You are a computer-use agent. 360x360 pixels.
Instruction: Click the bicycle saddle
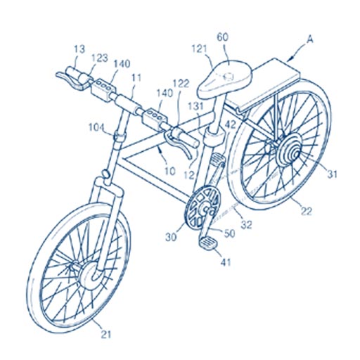click(x=224, y=79)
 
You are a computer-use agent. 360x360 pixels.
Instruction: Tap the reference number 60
click(x=223, y=37)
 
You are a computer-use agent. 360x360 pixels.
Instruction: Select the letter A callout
click(x=310, y=40)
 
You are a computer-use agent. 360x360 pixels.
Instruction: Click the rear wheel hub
click(x=290, y=150)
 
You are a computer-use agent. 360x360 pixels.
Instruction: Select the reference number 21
click(x=106, y=335)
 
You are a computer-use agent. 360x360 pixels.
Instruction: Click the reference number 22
click(x=306, y=211)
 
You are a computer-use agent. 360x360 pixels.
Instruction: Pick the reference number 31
click(x=331, y=174)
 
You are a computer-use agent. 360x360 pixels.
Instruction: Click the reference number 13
click(x=79, y=49)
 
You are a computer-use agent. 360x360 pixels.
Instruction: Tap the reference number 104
click(x=96, y=128)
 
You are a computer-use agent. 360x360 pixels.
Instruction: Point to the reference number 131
click(x=195, y=106)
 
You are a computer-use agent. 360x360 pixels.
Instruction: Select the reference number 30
click(x=172, y=238)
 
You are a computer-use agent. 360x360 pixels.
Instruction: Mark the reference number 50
click(x=229, y=233)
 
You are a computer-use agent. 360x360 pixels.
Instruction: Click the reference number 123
click(x=99, y=58)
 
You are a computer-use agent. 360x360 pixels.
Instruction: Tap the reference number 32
click(x=246, y=224)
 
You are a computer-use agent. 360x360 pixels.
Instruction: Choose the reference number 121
click(x=200, y=49)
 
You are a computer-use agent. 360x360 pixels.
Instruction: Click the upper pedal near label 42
click(x=217, y=159)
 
